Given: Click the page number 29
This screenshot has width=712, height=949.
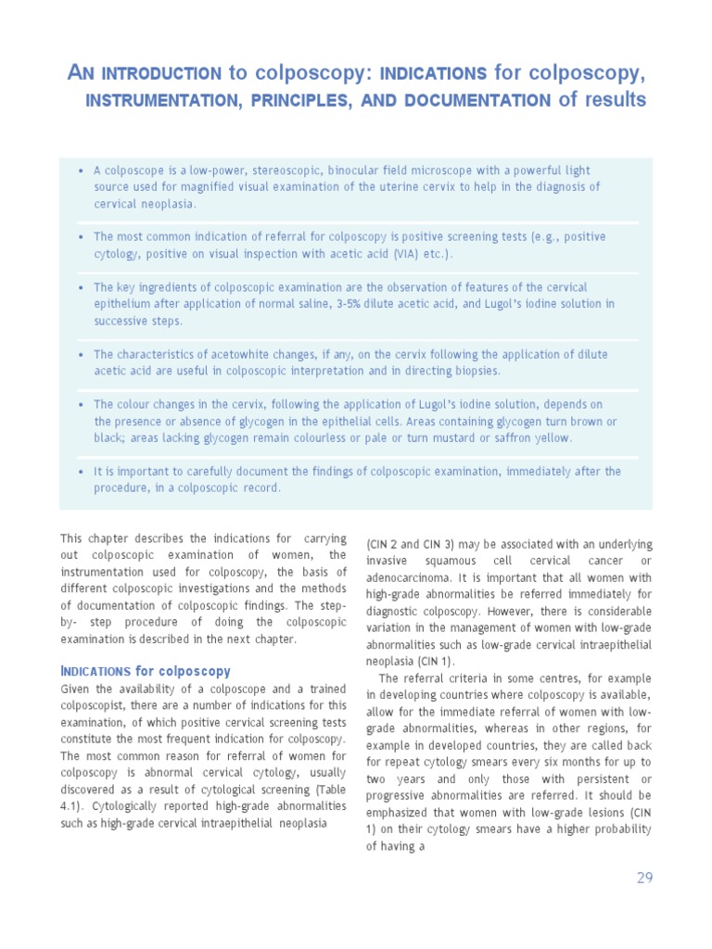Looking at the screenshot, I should coord(644,878).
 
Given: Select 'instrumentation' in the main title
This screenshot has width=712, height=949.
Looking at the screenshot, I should coord(144,100).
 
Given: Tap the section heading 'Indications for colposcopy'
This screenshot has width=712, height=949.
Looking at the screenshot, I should coord(146,671).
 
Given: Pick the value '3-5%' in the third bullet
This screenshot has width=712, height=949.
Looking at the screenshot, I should coord(351,304).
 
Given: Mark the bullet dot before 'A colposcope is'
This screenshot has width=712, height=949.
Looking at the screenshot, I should coord(83,171).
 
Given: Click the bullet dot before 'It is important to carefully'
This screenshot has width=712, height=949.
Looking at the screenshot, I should coord(83,472).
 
